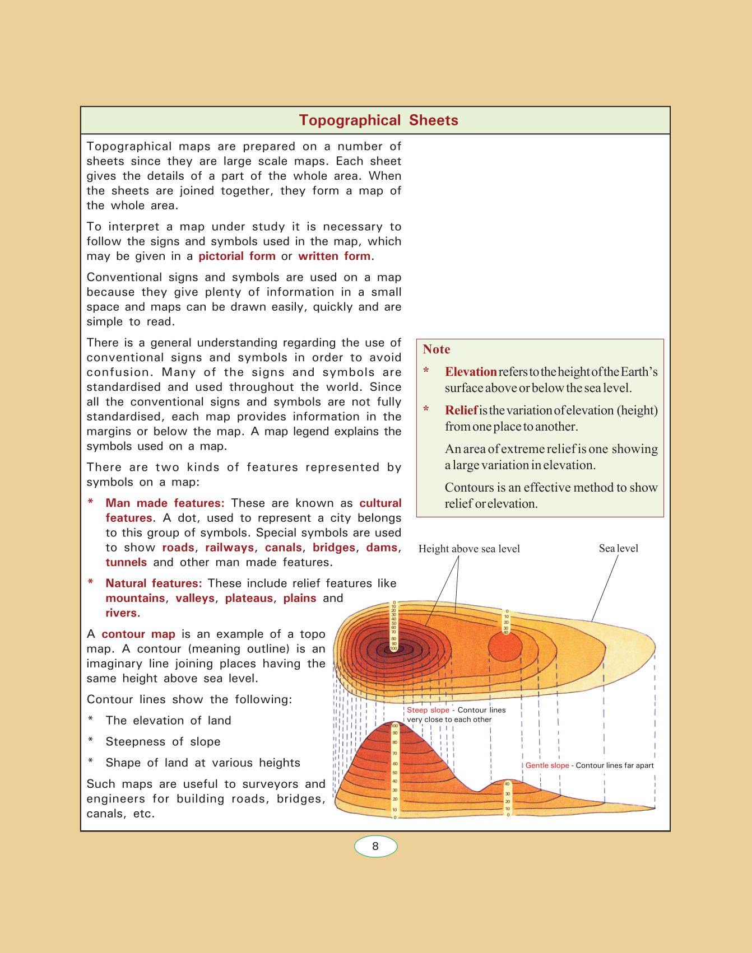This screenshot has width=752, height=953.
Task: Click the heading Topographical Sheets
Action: tap(378, 120)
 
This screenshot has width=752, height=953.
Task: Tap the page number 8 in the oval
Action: tap(375, 846)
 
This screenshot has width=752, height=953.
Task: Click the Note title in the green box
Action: tap(437, 349)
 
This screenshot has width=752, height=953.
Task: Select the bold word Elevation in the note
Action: tap(471, 372)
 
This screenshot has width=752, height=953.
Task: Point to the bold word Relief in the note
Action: tap(461, 410)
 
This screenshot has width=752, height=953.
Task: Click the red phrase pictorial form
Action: tap(237, 256)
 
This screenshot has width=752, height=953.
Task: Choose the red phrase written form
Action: tap(335, 256)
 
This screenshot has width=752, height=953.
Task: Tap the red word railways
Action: tap(229, 548)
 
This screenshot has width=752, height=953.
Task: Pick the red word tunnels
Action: tap(126, 562)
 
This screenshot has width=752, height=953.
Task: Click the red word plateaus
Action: tap(249, 598)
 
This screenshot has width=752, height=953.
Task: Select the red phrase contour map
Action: tap(138, 634)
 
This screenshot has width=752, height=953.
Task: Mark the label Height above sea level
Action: tap(469, 549)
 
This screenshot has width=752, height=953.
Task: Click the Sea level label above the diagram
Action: tap(618, 549)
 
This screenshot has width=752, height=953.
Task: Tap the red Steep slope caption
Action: tap(428, 710)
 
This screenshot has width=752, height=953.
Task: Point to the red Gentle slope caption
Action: tap(547, 765)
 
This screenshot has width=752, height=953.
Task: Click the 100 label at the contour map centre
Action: tap(393, 649)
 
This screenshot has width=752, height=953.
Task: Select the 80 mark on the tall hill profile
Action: tap(394, 742)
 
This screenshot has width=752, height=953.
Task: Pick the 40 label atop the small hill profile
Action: tap(507, 784)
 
